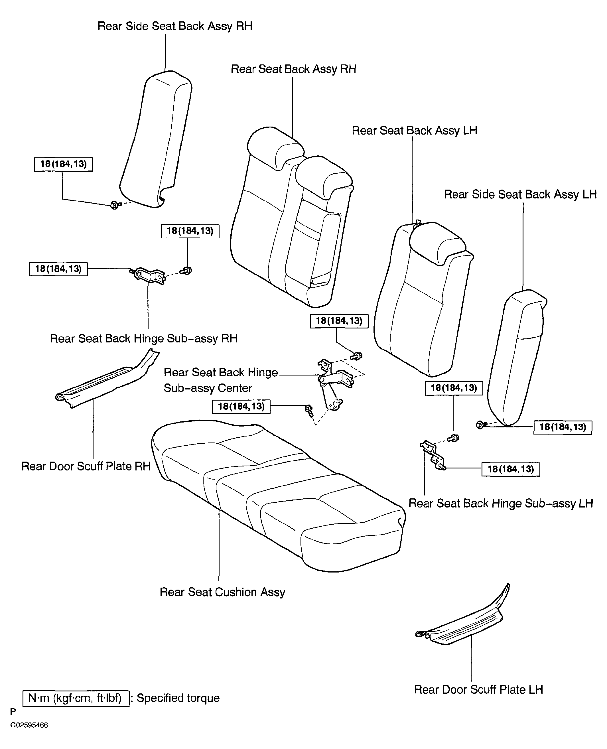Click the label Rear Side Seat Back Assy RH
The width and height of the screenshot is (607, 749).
tap(175, 26)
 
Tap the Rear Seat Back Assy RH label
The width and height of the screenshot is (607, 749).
tap(293, 69)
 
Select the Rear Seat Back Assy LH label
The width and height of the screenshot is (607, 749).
tap(414, 131)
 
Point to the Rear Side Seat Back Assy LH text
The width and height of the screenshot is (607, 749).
tap(520, 194)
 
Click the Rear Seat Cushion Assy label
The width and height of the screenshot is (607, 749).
tap(222, 592)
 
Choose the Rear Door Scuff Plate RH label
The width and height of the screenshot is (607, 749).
tap(86, 466)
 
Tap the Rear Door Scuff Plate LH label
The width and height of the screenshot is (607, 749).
tap(478, 690)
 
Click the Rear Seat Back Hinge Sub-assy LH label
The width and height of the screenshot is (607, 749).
tap(501, 503)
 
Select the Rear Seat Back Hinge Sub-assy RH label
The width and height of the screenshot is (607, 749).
tap(144, 338)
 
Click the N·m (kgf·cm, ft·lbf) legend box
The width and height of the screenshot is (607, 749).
tap(76, 698)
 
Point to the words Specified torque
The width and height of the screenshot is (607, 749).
tap(178, 698)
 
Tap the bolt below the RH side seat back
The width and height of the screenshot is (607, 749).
tap(116, 205)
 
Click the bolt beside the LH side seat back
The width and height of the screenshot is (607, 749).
tap(482, 425)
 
